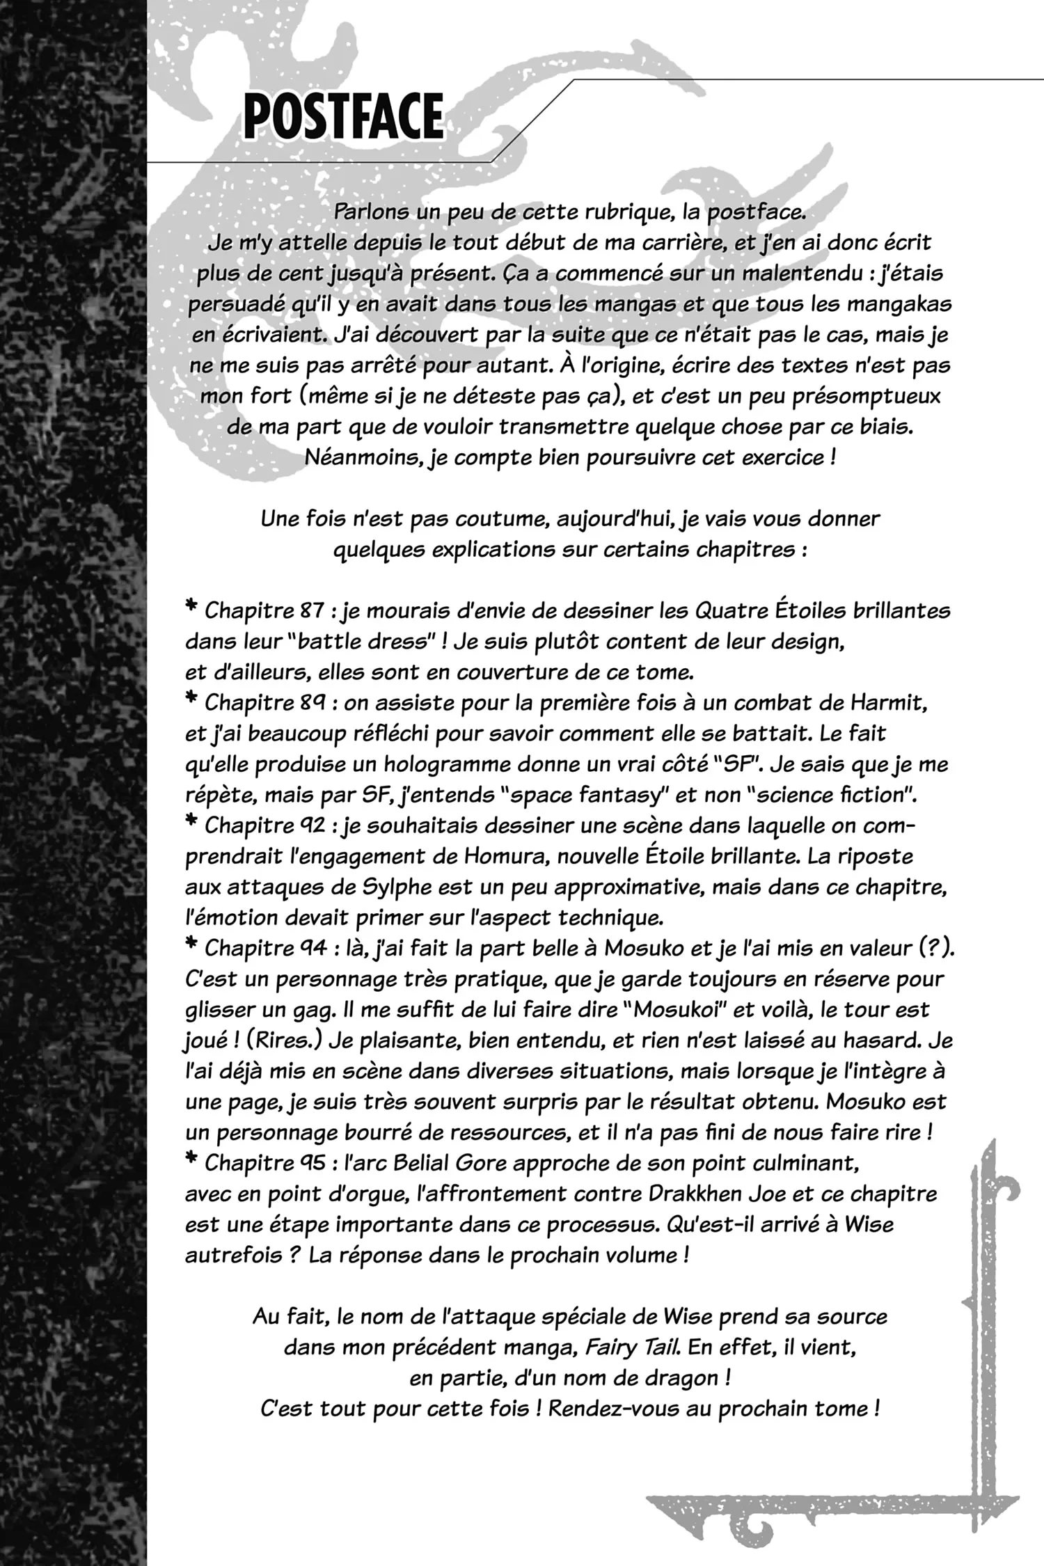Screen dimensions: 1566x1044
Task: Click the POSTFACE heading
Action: coord(344,116)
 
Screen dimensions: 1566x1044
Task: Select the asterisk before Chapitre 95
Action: coord(191,1161)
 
